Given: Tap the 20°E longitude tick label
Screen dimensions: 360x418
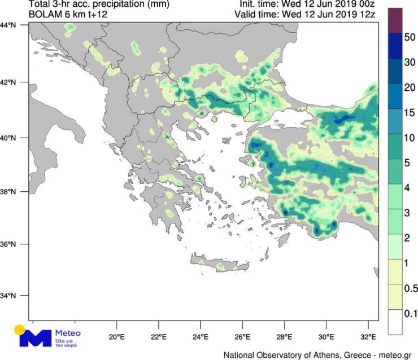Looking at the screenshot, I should coord(116,338).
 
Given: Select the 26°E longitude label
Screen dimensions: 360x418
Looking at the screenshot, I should coord(242,338).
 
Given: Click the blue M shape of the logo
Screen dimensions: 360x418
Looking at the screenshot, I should coord(36,338).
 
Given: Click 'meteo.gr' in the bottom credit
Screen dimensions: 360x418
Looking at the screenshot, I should coord(394,355).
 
